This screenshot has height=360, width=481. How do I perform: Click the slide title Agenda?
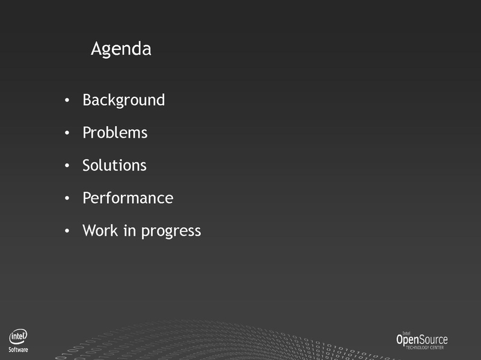pyautogui.click(x=121, y=49)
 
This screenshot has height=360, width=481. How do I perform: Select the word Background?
pyautogui.click(x=124, y=100)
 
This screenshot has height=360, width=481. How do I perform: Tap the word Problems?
pyautogui.click(x=115, y=133)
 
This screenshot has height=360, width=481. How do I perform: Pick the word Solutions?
pyautogui.click(x=114, y=165)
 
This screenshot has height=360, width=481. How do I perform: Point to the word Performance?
pyautogui.click(x=128, y=198)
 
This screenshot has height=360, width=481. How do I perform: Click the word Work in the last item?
pyautogui.click(x=100, y=230)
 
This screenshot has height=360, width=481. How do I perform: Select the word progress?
pyautogui.click(x=171, y=231)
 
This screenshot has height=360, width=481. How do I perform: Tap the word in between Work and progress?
pyautogui.click(x=129, y=230)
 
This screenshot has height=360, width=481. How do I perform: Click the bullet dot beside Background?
pyautogui.click(x=67, y=100)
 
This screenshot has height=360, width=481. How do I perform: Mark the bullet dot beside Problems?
pyautogui.click(x=67, y=133)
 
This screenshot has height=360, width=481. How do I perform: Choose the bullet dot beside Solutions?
pyautogui.click(x=67, y=165)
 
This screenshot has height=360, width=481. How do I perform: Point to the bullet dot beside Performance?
pyautogui.click(x=67, y=198)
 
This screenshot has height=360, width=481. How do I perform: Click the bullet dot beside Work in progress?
pyautogui.click(x=67, y=231)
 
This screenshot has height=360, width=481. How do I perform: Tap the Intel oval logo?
pyautogui.click(x=18, y=337)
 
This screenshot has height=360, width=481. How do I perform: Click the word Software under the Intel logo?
pyautogui.click(x=18, y=350)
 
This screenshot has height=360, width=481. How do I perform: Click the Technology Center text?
pyautogui.click(x=424, y=347)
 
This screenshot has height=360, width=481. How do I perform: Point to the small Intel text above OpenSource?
pyautogui.click(x=406, y=333)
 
